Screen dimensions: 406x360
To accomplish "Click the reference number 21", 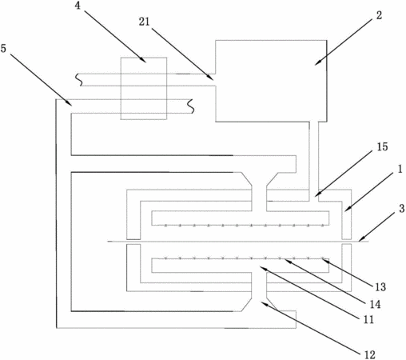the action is point(144,22).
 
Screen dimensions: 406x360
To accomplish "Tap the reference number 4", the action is point(78,6).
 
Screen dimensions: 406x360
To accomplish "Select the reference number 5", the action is point(3,49).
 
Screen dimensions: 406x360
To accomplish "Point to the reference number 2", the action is point(379,15).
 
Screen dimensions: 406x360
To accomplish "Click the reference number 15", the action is point(382,146).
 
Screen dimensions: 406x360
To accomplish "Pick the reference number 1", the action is point(400,169).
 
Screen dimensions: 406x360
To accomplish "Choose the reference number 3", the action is point(402,209).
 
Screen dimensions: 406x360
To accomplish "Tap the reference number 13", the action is point(380,287).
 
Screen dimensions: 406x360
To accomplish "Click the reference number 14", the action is point(375,304).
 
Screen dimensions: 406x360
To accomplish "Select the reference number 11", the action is point(368,319).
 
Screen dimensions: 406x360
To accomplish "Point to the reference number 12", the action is point(369,354).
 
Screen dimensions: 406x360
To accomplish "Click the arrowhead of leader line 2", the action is point(317,62).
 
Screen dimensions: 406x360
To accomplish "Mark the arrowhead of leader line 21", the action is point(210,78).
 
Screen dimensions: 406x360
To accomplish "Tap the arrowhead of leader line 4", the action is point(143,60).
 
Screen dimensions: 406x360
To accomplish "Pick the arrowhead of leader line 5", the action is point(69,102).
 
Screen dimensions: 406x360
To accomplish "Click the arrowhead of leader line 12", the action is point(264,303).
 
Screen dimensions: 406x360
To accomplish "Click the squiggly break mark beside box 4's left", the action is point(78,80).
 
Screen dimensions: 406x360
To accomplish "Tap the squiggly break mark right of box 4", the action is point(191,106).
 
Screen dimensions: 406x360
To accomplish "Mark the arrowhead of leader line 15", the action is point(318,194).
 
